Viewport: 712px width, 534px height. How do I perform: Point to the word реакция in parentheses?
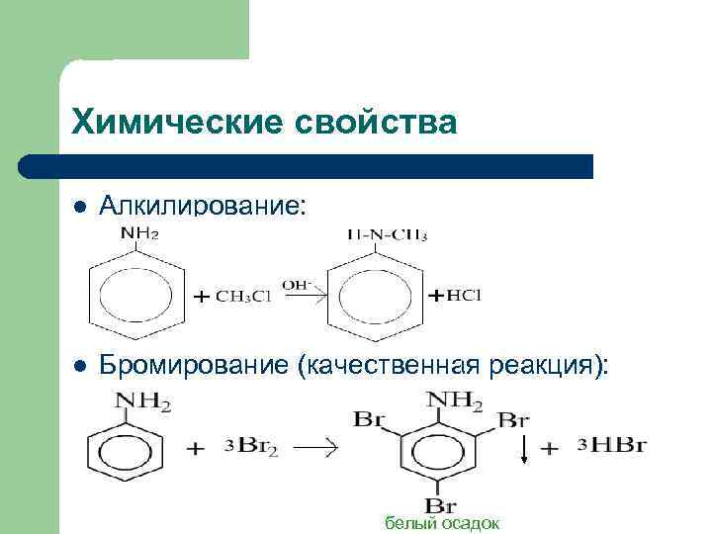pyautogui.click(x=548, y=366)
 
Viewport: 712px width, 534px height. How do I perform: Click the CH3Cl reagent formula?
pyautogui.click(x=245, y=296)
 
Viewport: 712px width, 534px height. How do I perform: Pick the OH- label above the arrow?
pyautogui.click(x=297, y=285)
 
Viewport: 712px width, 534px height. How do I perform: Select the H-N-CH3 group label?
pyautogui.click(x=389, y=235)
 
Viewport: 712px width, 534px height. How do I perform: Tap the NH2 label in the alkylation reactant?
pyautogui.click(x=139, y=234)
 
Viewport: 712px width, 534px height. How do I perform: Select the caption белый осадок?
pyautogui.click(x=442, y=523)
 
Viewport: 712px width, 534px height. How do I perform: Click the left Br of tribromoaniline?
pyautogui.click(x=368, y=419)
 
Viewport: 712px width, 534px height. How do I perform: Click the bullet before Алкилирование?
pyautogui.click(x=80, y=206)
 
